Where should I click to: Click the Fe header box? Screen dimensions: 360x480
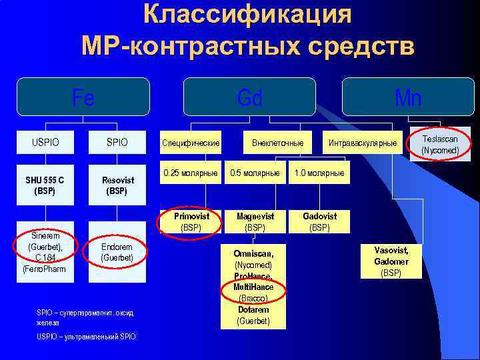(x=83, y=98)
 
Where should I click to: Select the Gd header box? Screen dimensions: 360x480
(x=249, y=98)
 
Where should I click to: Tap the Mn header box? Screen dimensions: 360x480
(x=407, y=98)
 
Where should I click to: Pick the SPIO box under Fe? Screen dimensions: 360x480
(x=117, y=143)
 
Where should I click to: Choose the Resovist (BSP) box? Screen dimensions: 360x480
(x=117, y=185)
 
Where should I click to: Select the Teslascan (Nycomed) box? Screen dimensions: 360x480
(x=440, y=145)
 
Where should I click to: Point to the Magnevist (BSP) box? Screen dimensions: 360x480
(x=255, y=221)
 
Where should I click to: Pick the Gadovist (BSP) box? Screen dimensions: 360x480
(x=320, y=221)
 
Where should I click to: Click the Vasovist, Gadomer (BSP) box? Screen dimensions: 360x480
(x=391, y=261)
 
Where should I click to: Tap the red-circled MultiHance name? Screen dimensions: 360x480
(x=253, y=287)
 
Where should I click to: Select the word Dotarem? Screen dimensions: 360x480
(x=253, y=309)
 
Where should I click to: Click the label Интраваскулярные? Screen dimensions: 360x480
(x=362, y=143)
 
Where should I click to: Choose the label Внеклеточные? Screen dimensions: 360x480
(x=278, y=143)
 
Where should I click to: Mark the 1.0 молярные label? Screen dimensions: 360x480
(x=319, y=173)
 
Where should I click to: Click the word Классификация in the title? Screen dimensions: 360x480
(x=247, y=15)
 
